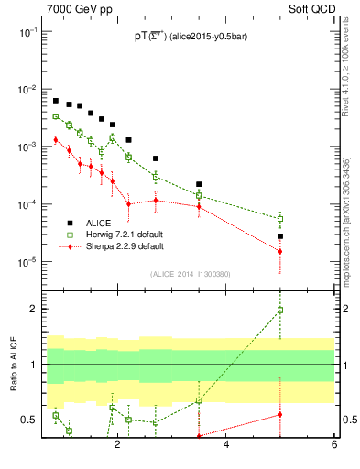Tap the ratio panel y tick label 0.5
[x=28, y=420]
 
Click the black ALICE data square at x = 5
[x=280, y=236]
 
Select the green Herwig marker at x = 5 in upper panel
[x=280, y=219]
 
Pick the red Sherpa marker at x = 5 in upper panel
[x=280, y=252]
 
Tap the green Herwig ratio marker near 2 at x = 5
[x=280, y=311]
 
